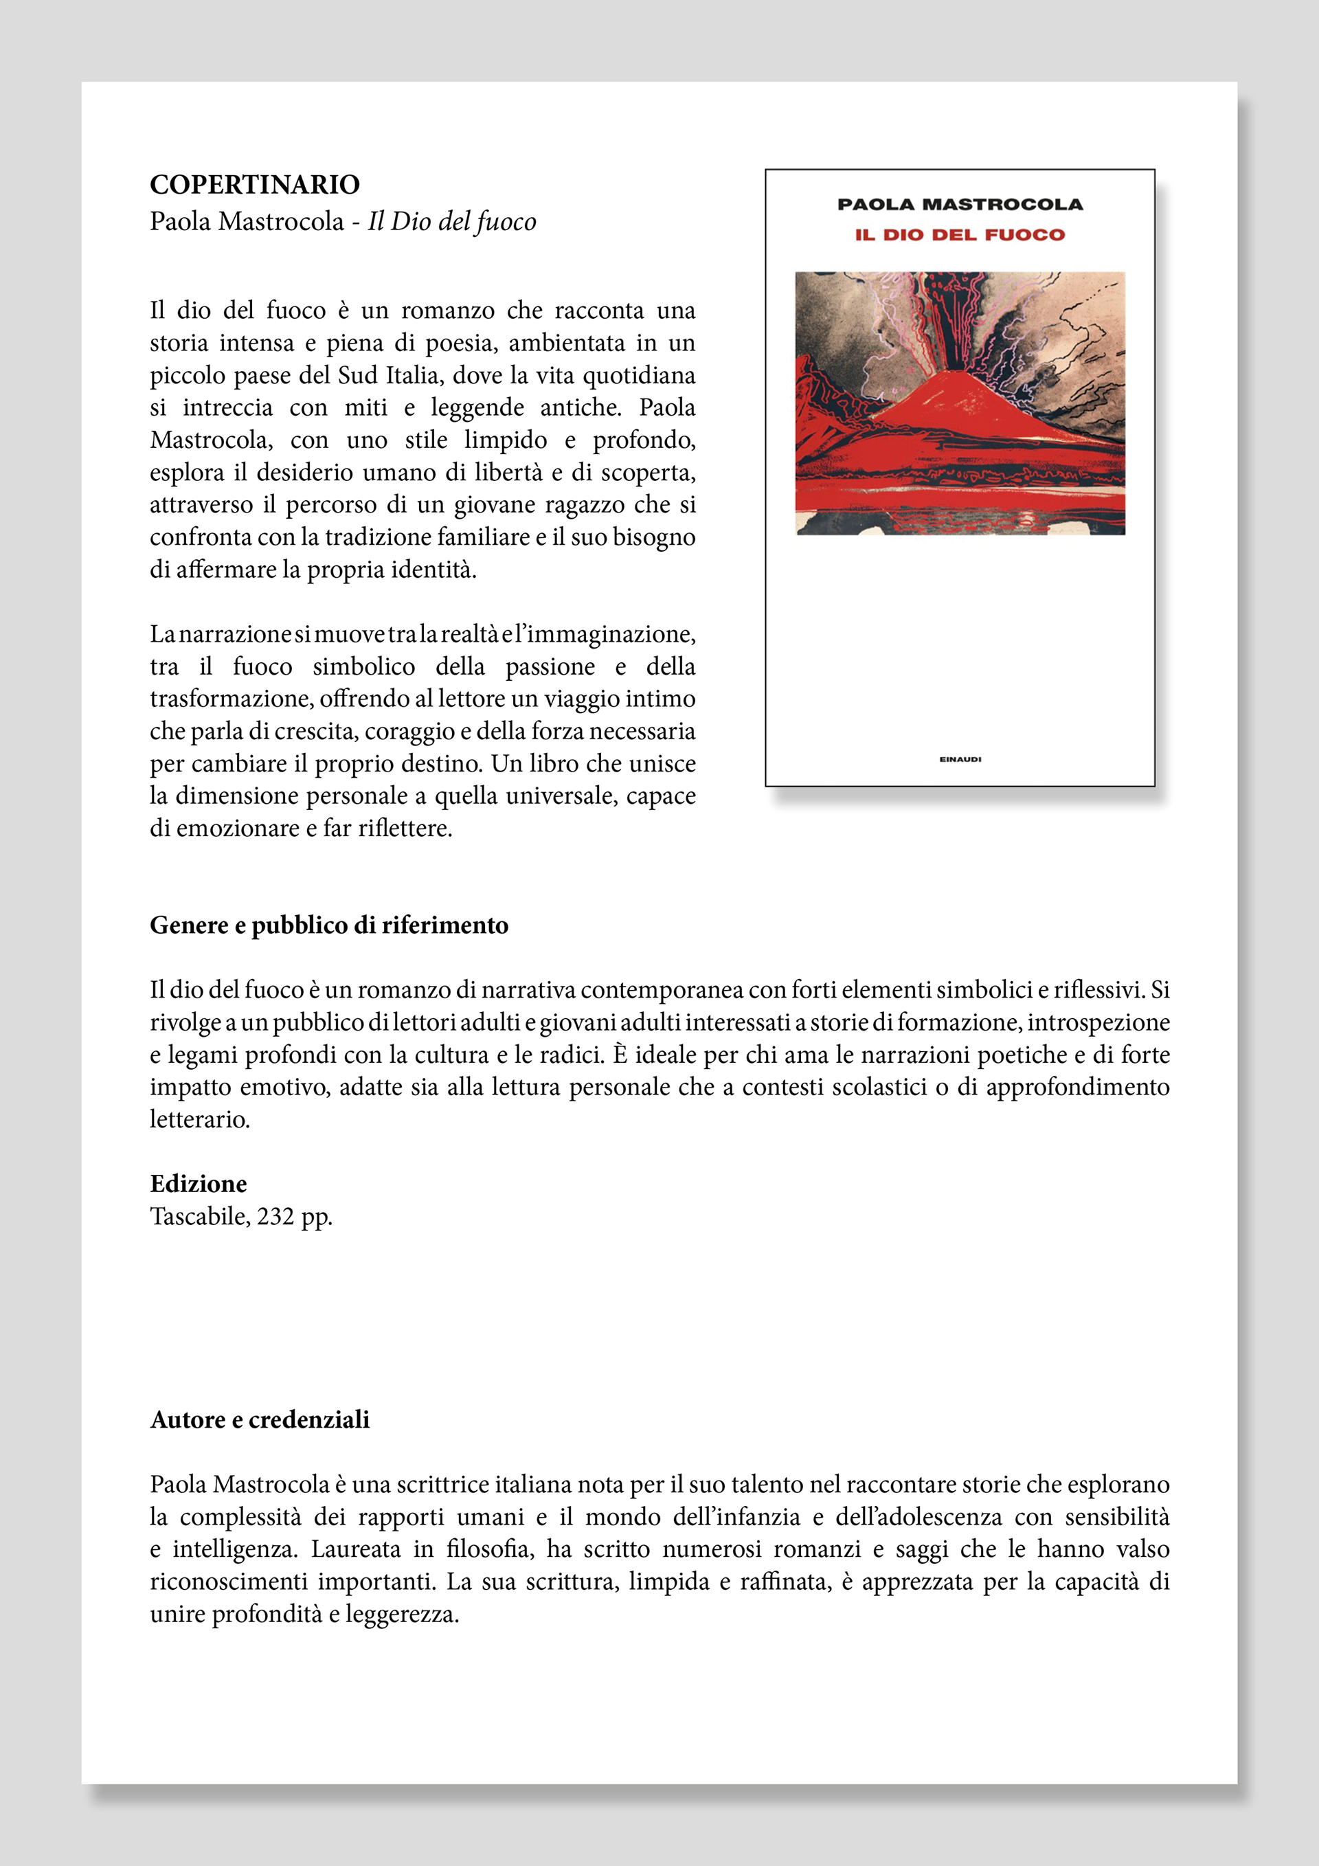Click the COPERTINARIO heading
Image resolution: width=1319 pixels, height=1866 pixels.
(x=254, y=186)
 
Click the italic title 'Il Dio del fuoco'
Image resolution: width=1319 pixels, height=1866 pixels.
(x=452, y=222)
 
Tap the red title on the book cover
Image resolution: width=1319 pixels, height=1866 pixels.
(x=959, y=235)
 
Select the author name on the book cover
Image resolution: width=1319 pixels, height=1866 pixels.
(x=960, y=204)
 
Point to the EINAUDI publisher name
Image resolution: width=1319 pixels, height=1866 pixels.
(x=960, y=759)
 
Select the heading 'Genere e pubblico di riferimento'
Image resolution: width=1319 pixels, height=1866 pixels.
(x=329, y=925)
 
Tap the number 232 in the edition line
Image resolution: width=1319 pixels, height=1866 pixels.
(x=275, y=1217)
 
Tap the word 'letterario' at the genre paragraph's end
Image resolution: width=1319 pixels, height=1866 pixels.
(x=199, y=1120)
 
